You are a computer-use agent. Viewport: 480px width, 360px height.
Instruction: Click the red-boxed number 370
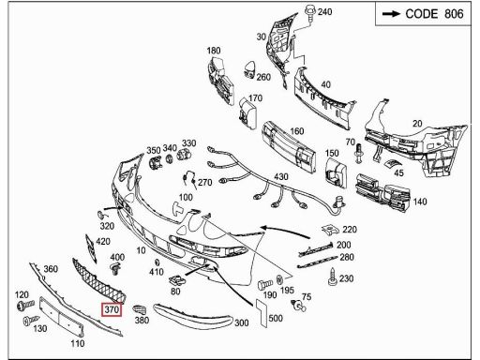(x=112, y=309)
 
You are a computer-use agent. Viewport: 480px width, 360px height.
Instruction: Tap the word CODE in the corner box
(x=422, y=14)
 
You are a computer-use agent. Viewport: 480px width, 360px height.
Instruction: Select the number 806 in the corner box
(x=454, y=14)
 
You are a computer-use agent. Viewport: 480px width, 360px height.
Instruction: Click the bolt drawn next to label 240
(x=310, y=14)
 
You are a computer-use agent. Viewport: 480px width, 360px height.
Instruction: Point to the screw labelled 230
(x=333, y=277)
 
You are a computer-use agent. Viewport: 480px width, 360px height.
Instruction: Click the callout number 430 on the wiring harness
(x=281, y=176)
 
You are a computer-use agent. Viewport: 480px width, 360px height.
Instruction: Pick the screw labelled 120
(x=25, y=305)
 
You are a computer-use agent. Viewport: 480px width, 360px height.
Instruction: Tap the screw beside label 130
(x=31, y=321)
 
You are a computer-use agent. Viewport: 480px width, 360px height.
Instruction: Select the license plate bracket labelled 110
(x=62, y=317)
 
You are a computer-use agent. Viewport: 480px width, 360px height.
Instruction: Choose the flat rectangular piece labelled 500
(x=262, y=313)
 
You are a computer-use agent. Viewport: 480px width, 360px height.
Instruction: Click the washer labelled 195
(x=280, y=279)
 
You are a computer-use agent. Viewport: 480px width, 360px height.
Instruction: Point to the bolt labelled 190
(x=264, y=285)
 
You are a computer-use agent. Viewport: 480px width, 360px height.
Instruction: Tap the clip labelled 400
(x=116, y=268)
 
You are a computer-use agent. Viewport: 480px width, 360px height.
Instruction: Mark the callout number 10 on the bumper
(x=141, y=250)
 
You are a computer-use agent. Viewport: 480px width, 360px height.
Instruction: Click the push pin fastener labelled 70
(x=359, y=154)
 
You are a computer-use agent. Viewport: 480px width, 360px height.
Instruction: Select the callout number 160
(x=297, y=131)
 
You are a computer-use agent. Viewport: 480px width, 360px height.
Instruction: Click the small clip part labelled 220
(x=331, y=230)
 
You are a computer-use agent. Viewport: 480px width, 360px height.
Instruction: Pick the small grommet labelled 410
(x=157, y=262)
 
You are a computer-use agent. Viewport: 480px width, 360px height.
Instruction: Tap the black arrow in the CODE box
(x=391, y=14)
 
